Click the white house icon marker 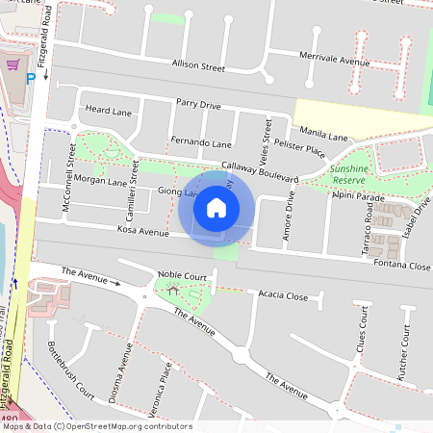pos(216,207)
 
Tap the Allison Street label pos(197,68)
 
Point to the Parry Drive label pos(198,104)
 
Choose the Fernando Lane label pos(202,143)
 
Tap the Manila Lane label pos(324,135)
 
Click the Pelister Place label pos(299,146)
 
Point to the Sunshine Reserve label pos(348,173)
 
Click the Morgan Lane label pos(100,181)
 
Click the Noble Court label pos(183,276)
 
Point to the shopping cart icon pos(13,65)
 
